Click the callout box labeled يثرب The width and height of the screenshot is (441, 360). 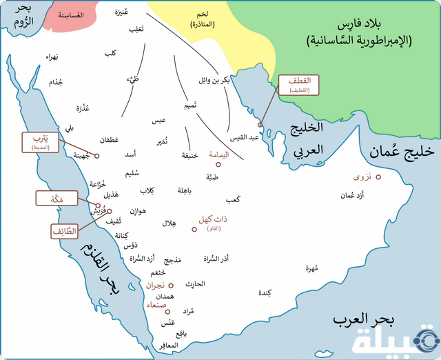pyautogui.click(x=40, y=141)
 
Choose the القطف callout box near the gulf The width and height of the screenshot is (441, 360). pyautogui.click(x=298, y=85)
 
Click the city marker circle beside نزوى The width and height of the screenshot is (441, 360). pyautogui.click(x=378, y=178)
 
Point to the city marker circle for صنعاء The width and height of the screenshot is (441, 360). pyautogui.click(x=167, y=311)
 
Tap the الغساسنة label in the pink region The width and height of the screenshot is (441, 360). pyautogui.click(x=70, y=15)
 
